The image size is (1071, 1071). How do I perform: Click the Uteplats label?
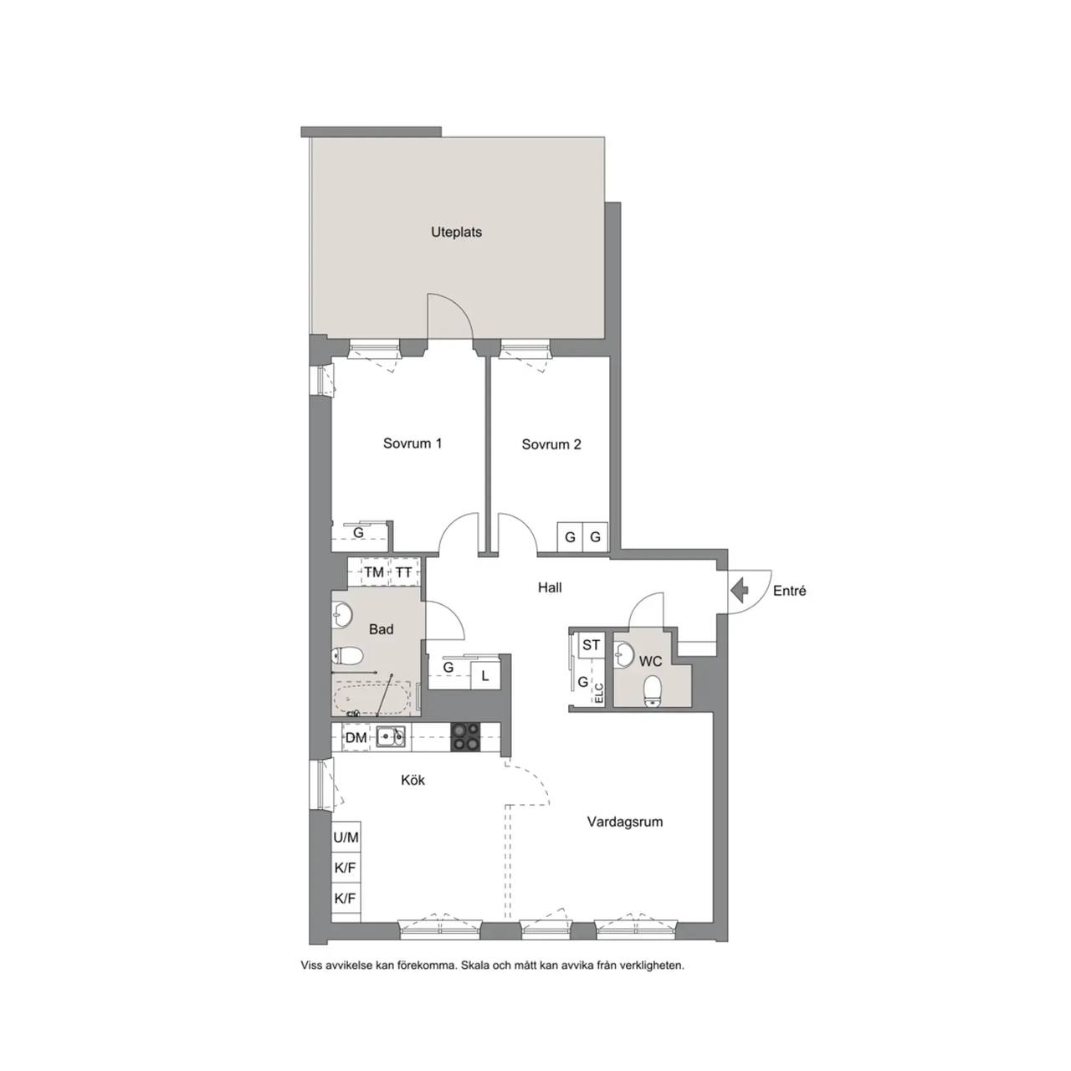click(456, 233)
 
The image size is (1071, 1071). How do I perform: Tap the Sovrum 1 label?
click(413, 443)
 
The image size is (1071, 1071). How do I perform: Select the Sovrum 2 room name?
click(551, 444)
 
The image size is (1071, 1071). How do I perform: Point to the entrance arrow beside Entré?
click(739, 590)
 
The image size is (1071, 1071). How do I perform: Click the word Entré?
click(789, 591)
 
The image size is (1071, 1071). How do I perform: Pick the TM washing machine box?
click(374, 572)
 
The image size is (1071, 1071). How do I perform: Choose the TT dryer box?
click(404, 572)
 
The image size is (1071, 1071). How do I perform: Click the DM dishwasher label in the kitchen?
click(356, 737)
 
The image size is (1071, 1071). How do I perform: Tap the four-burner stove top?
click(466, 736)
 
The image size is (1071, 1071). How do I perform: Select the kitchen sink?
click(391, 737)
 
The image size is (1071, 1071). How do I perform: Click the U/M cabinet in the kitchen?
click(346, 837)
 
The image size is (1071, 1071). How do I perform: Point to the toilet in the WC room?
click(651, 691)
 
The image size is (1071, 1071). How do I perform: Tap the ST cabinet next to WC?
click(591, 645)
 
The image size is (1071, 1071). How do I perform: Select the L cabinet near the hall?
click(484, 676)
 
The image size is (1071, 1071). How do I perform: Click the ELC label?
click(598, 694)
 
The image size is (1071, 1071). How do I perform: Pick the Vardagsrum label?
click(625, 822)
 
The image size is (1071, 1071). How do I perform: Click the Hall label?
click(550, 587)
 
